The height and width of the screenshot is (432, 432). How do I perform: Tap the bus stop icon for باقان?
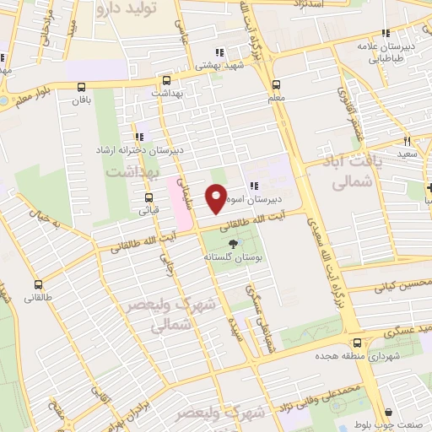81,86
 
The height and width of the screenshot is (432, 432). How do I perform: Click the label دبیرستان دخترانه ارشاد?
139,150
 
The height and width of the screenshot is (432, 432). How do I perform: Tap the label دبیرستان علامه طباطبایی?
385,53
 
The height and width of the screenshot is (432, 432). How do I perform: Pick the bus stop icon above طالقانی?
38,285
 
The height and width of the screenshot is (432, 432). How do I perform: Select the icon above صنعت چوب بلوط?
388,413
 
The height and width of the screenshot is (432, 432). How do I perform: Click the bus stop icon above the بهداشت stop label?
167,82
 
